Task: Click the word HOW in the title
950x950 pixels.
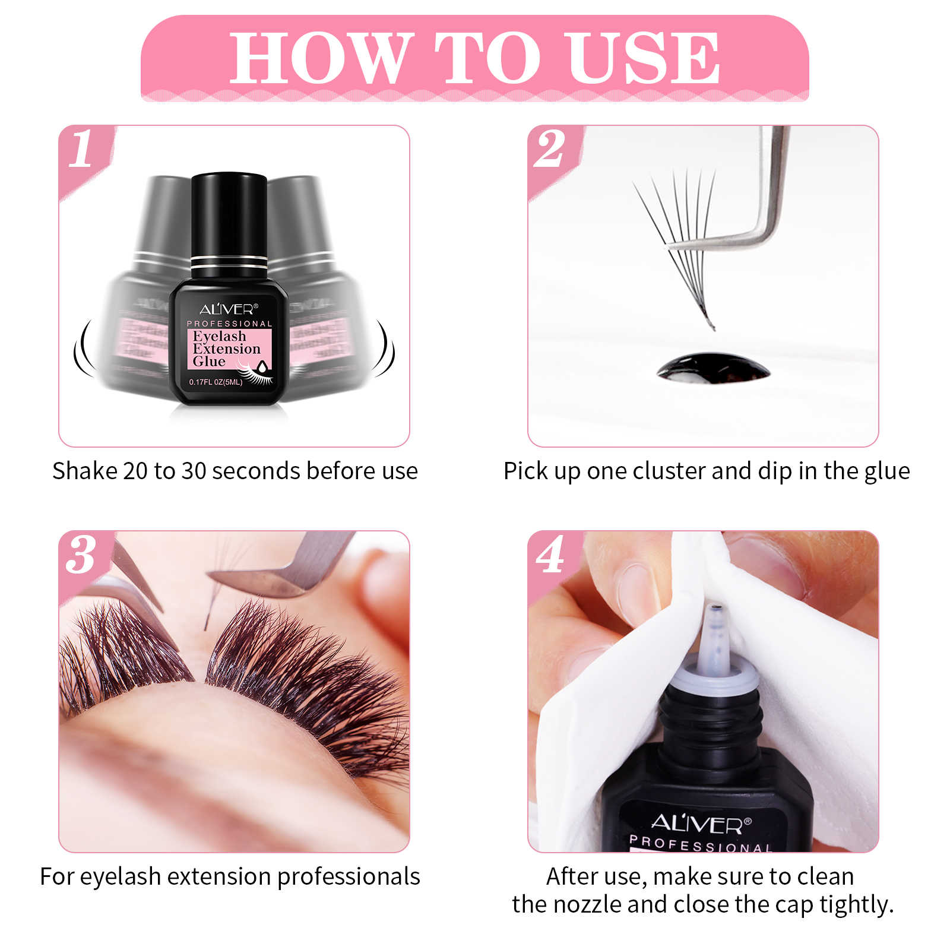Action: (321, 58)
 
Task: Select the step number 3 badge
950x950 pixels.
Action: (81, 555)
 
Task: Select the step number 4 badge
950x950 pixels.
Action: (550, 555)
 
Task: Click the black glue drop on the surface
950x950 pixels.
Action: (712, 368)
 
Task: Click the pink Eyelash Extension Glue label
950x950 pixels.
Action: (229, 349)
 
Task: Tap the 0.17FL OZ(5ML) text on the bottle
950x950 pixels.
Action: (216, 382)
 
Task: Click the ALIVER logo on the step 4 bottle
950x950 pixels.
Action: (701, 824)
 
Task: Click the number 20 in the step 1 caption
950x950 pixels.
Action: (135, 471)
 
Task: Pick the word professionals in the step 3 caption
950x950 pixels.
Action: (349, 877)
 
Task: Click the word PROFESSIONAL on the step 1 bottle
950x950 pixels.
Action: (229, 324)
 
